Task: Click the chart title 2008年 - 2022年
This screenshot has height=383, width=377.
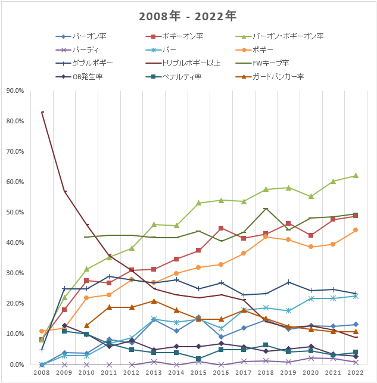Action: (188, 16)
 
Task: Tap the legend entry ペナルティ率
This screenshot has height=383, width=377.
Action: (182, 76)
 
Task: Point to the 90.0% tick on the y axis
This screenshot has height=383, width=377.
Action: (15, 91)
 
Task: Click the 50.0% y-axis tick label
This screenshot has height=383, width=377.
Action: (15, 213)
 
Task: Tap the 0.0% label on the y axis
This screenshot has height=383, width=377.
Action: (16, 365)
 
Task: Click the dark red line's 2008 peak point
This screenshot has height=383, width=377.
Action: (42, 112)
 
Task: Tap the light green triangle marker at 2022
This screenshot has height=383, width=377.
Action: (355, 176)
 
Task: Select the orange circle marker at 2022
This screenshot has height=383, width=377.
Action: (355, 230)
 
